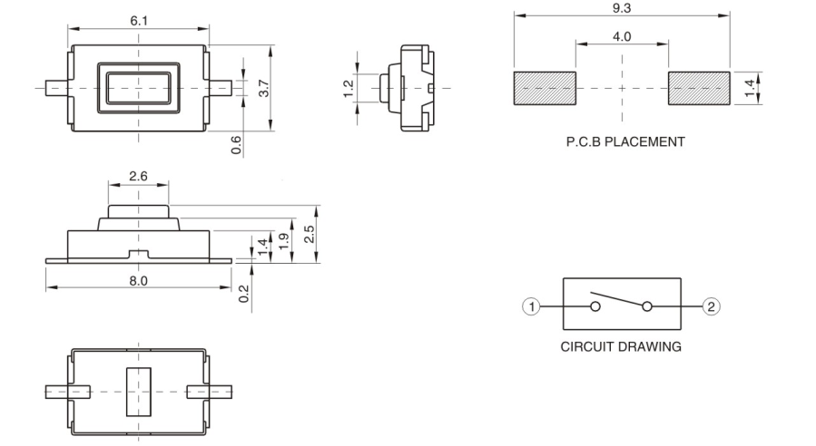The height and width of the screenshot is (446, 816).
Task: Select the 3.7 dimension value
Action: pyautogui.click(x=264, y=88)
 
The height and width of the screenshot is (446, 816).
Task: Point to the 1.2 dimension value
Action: pyautogui.click(x=348, y=88)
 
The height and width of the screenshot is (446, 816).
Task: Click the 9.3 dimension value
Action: pyautogui.click(x=622, y=6)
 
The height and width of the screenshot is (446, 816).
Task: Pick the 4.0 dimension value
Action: pyautogui.click(x=622, y=36)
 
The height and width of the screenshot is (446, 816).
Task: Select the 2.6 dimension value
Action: pyautogui.click(x=138, y=176)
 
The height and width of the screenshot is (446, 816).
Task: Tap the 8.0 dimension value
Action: pyautogui.click(x=138, y=280)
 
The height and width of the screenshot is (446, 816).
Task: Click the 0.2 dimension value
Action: pyautogui.click(x=243, y=294)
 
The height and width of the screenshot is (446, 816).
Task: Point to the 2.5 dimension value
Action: pyautogui.click(x=310, y=234)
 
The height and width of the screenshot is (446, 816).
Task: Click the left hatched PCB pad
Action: pyautogui.click(x=545, y=88)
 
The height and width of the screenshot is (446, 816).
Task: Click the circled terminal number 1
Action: pyautogui.click(x=536, y=306)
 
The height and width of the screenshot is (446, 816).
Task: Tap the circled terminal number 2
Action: pyautogui.click(x=711, y=306)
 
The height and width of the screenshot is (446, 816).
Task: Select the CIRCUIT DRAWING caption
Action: pyautogui.click(x=622, y=346)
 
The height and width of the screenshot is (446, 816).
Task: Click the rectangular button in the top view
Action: pyautogui.click(x=137, y=88)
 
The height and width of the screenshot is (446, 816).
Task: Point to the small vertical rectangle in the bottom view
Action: pyautogui.click(x=138, y=392)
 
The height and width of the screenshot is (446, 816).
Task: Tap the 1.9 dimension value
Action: pyautogui.click(x=283, y=242)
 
